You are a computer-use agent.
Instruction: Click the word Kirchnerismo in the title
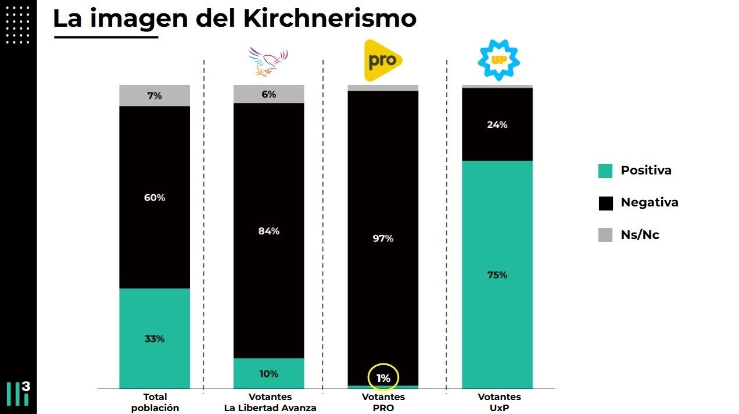329,19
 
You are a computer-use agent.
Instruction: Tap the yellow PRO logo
383,60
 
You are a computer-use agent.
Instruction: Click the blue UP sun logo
499,60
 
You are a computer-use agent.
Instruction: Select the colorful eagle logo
268,62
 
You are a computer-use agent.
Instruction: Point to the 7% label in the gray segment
155,96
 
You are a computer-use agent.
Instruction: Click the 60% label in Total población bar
155,198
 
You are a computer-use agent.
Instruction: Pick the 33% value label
155,339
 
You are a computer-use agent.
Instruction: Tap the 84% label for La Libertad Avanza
269,231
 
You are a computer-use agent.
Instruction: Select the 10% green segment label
269,374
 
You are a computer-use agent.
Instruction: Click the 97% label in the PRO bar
383,238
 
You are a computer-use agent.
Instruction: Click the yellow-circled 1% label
383,379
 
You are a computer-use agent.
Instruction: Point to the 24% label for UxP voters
497,125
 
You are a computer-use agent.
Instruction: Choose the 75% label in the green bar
497,275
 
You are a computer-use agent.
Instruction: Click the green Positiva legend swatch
605,171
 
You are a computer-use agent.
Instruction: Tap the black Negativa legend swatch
606,204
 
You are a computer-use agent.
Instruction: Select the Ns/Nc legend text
640,235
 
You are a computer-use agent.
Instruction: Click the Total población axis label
155,402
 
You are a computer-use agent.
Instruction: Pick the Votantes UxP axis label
499,402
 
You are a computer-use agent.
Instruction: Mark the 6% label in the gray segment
269,94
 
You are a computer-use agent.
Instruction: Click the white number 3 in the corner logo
26,386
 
